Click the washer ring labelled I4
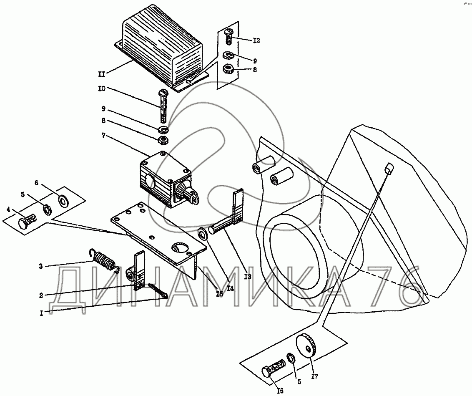[202, 232]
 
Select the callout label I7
[315, 377]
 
